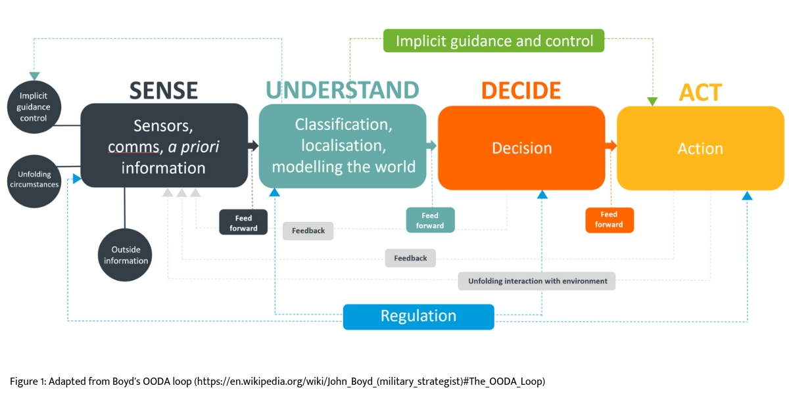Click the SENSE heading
(164, 91)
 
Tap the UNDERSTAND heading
(342, 91)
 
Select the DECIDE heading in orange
(521, 91)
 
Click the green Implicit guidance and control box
(494, 41)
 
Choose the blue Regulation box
(418, 316)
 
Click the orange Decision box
(521, 148)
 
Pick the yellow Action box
(700, 149)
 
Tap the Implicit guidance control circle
(34, 107)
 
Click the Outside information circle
(125, 255)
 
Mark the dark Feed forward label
(243, 222)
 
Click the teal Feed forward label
(430, 220)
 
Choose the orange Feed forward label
(609, 220)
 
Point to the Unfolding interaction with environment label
(537, 281)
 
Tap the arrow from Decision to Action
(611, 146)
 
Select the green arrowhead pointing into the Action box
(652, 101)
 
